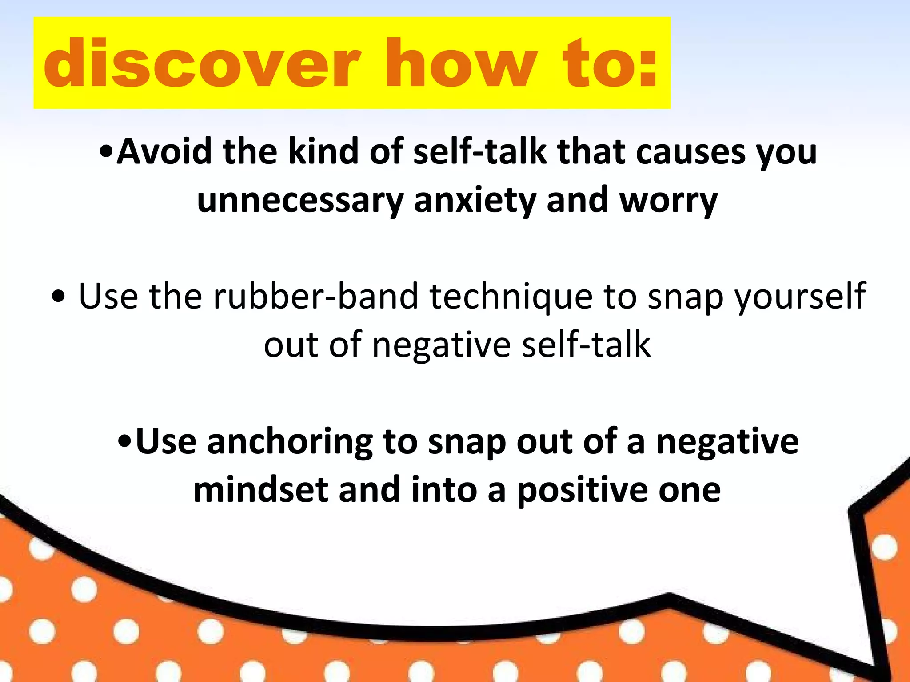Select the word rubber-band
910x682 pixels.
316,296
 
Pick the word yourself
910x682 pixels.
800,296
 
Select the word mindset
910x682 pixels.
260,490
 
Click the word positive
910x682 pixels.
582,490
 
